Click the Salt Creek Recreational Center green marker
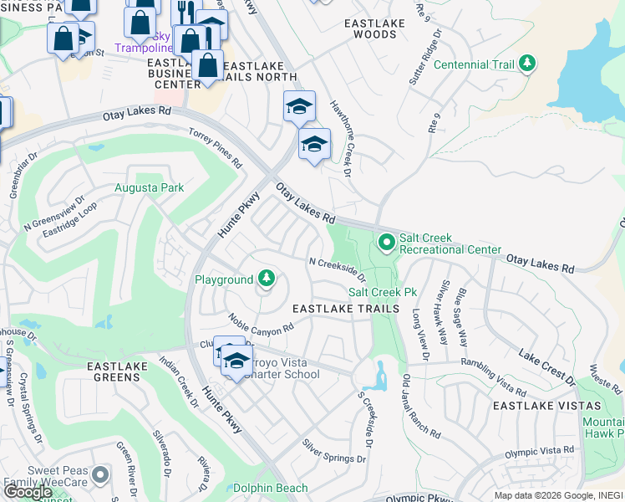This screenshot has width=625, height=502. (x=386, y=243)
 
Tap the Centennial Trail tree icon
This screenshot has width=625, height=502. (x=526, y=64)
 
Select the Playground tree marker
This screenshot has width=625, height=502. (x=266, y=279)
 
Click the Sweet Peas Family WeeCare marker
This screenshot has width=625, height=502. (x=100, y=474)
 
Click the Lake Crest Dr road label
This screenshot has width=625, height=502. (x=547, y=368)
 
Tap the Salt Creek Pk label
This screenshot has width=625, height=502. (x=383, y=292)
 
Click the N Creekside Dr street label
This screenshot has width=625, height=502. (x=338, y=269)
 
